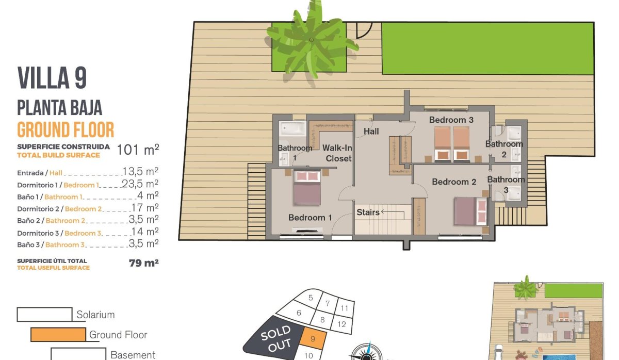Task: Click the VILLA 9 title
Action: pos(52,78)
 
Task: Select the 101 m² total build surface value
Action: pos(138,150)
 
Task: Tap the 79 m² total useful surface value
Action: pos(143,263)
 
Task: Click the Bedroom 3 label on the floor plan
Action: pos(451,120)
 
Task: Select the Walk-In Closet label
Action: pos(337,153)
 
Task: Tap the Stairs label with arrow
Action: pos(372,212)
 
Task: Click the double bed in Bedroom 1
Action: pos(307,188)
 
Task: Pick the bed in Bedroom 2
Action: pos(470,211)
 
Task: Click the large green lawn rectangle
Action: pos(487,48)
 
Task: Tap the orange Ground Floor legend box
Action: pos(58,335)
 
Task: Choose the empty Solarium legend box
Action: pos(44,314)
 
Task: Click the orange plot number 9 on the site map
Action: pos(313,339)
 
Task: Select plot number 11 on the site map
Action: pos(345,308)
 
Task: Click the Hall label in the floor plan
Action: pos(371,132)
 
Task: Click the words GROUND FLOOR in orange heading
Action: pos(66,129)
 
